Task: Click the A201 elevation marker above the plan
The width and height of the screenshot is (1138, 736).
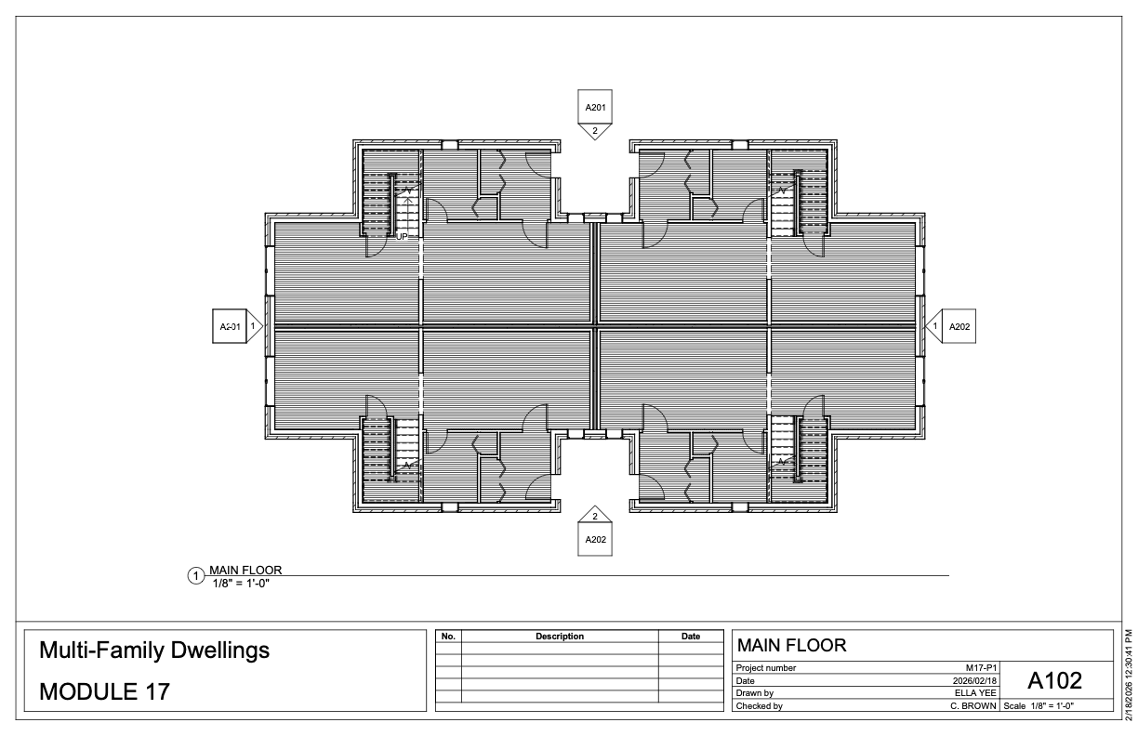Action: click(595, 115)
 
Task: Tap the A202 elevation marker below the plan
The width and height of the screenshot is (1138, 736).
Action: click(595, 531)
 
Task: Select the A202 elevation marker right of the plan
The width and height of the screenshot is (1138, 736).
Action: click(950, 326)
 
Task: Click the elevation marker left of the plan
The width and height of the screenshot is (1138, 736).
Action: click(238, 326)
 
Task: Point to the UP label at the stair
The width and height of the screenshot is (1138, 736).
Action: click(402, 237)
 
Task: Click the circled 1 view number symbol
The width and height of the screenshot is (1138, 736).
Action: click(195, 576)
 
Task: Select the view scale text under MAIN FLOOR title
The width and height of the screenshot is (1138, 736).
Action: click(241, 584)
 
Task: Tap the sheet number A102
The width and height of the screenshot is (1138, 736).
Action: click(1054, 680)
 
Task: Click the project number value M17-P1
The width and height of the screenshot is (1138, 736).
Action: click(981, 668)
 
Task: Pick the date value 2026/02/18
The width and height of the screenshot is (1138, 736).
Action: click(974, 680)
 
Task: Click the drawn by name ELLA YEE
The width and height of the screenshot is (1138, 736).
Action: click(975, 693)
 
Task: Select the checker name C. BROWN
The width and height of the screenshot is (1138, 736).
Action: click(973, 706)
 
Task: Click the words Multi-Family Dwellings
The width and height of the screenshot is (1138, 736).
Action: click(154, 651)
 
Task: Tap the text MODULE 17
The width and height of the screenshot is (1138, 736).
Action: click(104, 691)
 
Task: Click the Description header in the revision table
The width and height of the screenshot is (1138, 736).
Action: click(560, 637)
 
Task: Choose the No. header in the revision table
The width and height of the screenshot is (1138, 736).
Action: click(448, 637)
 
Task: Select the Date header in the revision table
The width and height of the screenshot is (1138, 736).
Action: click(691, 637)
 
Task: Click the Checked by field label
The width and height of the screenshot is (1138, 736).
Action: click(759, 706)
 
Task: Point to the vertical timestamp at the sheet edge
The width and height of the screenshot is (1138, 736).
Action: click(1130, 675)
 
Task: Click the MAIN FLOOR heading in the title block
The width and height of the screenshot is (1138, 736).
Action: click(791, 646)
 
